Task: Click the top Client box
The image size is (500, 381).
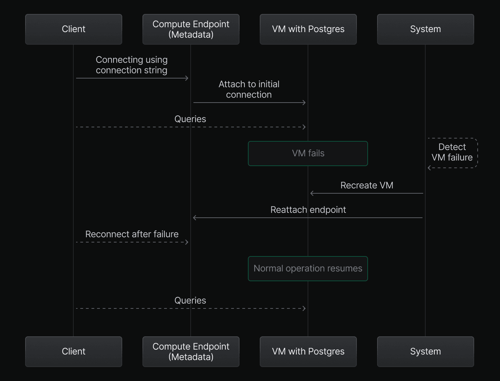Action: click(x=73, y=29)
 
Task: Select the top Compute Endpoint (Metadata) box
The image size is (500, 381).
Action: click(x=191, y=29)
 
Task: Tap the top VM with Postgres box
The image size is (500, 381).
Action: click(x=308, y=29)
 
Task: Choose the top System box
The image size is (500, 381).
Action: click(x=425, y=29)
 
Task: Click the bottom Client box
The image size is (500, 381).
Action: click(x=73, y=352)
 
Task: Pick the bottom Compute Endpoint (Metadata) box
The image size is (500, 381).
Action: click(x=191, y=352)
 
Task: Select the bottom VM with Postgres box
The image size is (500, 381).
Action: click(x=308, y=352)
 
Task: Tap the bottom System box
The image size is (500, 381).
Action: click(x=425, y=352)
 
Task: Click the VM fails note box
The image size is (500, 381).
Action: click(x=308, y=154)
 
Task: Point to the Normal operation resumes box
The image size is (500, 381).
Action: click(x=308, y=269)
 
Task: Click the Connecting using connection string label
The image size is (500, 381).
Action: click(x=132, y=65)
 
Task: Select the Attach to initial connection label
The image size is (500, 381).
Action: click(x=249, y=90)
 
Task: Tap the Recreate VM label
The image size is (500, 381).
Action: click(x=367, y=186)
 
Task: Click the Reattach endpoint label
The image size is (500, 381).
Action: click(x=308, y=210)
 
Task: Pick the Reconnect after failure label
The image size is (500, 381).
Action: click(x=132, y=234)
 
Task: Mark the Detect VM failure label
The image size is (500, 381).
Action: click(x=452, y=152)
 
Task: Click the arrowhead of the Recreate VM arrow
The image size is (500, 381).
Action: click(x=312, y=193)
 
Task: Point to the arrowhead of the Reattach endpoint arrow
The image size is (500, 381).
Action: click(x=194, y=218)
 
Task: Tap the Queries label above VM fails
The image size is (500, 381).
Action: click(x=190, y=119)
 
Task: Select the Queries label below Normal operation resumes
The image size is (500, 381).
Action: click(x=190, y=301)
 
